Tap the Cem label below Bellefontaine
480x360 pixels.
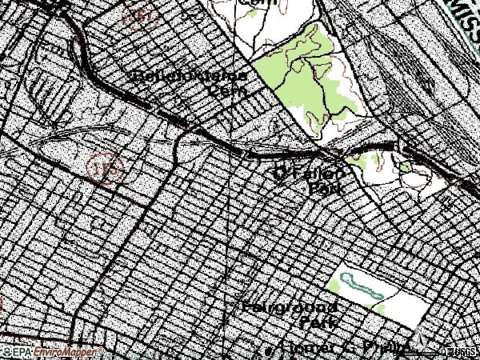coord(226,90)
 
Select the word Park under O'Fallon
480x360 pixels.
coord(326,189)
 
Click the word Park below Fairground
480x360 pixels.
coord(318,322)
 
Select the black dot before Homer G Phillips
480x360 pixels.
coord(269,350)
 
